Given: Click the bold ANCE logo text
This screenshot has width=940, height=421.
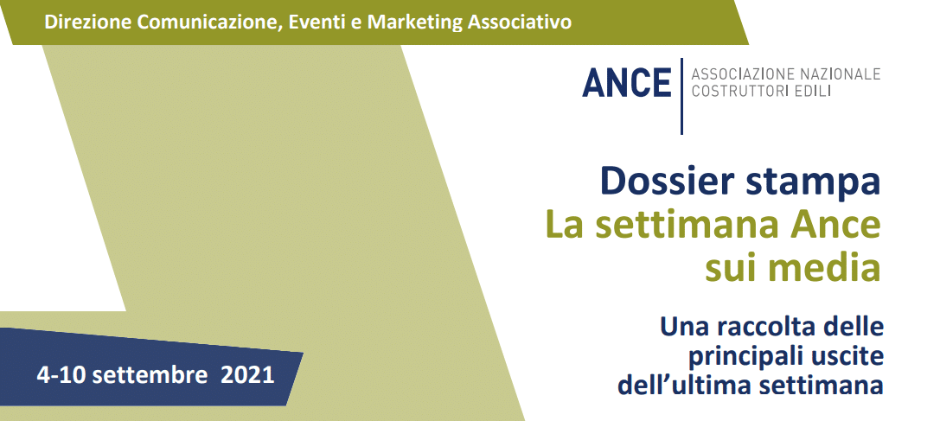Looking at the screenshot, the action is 626,83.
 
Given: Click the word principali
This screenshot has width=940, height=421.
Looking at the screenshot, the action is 740,357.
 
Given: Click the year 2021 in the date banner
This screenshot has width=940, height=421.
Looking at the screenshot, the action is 247,375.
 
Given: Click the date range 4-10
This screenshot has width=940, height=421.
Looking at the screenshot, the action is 61,375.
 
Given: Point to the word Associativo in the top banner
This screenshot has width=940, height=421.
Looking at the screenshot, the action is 519,22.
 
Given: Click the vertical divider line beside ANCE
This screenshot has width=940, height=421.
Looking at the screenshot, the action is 681,96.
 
